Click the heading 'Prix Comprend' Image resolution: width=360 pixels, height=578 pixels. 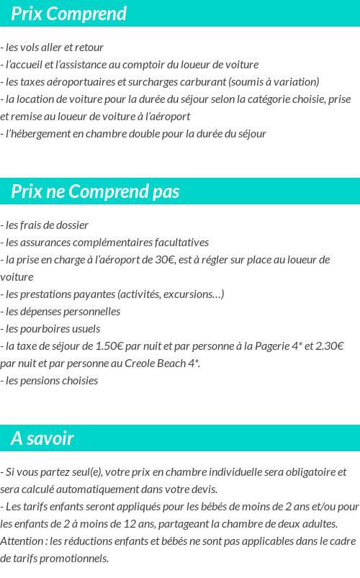68,14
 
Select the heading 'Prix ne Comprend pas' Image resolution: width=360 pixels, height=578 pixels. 95,191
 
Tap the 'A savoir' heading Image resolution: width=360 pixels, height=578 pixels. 42,438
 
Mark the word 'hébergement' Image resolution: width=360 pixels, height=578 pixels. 43,134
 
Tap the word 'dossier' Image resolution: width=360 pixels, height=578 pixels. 71,225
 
